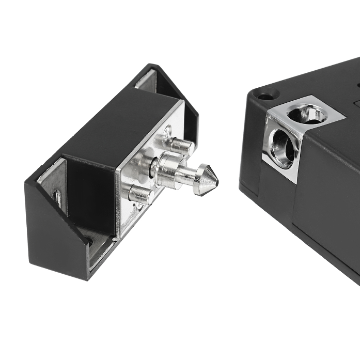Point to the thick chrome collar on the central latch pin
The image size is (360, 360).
pyautogui.click(x=166, y=169)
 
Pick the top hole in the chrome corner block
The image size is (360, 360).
pyautogui.click(x=309, y=113)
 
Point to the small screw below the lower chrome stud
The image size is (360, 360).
pyautogui.click(x=138, y=209)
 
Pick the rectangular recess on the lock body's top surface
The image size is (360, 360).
pyautogui.click(x=356, y=103)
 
